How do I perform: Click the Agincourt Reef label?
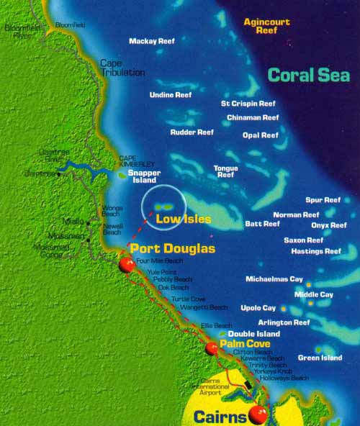[x=266, y=27]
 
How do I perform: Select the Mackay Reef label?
[x=152, y=41]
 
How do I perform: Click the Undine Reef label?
[x=171, y=94]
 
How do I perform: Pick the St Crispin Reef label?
[x=248, y=104]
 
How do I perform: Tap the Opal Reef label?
[x=260, y=135]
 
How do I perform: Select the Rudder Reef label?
[x=192, y=132]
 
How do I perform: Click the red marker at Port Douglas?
[x=127, y=266]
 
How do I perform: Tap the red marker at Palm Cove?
[x=211, y=349]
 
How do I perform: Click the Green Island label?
[x=320, y=358]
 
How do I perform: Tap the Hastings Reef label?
[x=315, y=252]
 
